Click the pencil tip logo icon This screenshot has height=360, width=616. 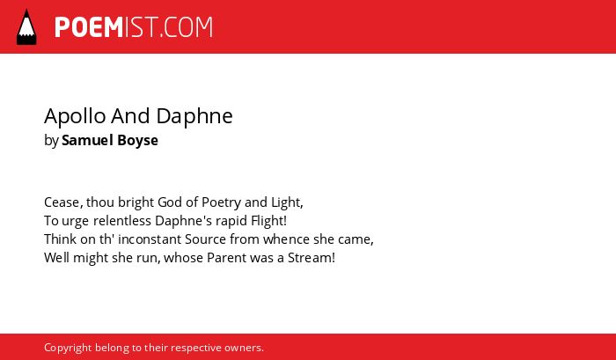tap(26, 26)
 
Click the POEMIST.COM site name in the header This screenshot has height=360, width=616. tap(134, 27)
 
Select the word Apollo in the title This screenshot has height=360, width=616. tap(75, 117)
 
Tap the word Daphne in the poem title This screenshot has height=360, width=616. tap(194, 117)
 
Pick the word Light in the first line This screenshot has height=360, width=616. tap(286, 202)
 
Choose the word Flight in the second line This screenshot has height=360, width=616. tap(268, 221)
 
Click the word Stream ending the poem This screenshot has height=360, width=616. tap(312, 258)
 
